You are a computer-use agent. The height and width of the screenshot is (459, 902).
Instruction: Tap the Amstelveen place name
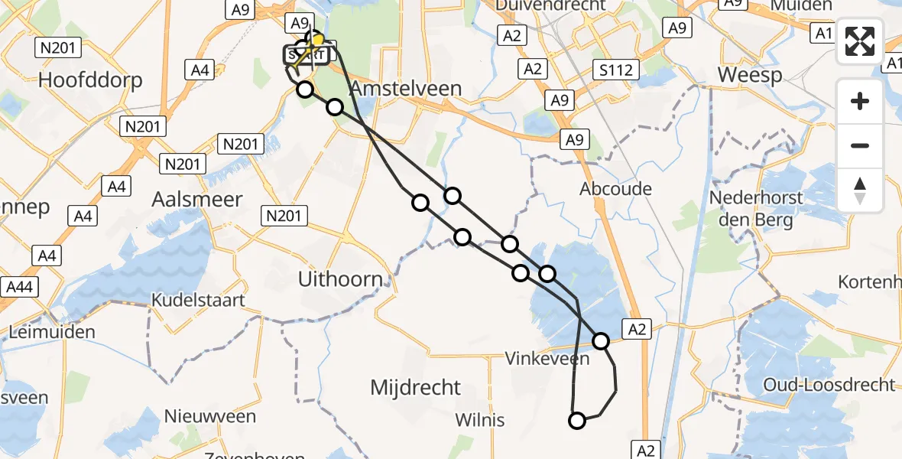[x=406, y=89]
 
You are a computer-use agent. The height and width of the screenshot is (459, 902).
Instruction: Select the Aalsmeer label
[x=197, y=199]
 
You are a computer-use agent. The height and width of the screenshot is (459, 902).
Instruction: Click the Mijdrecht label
[x=416, y=387]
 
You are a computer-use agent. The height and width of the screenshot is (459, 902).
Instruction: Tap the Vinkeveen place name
[x=547, y=358]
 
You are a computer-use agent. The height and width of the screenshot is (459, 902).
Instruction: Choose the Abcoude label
[x=616, y=189]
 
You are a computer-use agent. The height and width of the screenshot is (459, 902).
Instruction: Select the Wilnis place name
[x=480, y=420]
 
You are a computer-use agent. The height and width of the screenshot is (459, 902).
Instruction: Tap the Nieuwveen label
[x=210, y=417]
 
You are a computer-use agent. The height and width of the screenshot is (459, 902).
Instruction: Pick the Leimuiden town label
[x=53, y=332]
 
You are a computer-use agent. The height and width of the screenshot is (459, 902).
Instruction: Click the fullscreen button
[x=860, y=41]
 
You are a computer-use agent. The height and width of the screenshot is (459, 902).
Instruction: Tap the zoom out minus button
[x=860, y=145]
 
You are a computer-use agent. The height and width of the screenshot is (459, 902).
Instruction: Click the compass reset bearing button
[x=860, y=190]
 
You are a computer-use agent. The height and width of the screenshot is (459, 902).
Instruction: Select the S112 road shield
[x=615, y=71]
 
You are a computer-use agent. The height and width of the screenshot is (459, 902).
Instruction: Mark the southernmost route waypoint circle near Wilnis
[x=577, y=420]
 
